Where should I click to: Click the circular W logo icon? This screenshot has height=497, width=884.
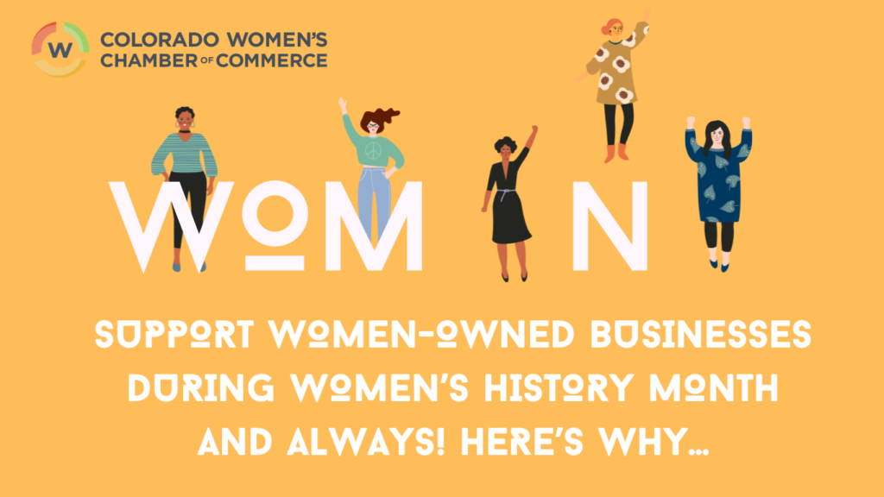pyautogui.click(x=60, y=49)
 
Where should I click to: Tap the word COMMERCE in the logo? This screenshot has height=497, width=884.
pyautogui.click(x=272, y=60)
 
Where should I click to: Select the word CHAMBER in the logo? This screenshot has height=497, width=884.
pyautogui.click(x=149, y=60)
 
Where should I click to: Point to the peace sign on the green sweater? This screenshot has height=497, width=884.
pyautogui.click(x=373, y=150)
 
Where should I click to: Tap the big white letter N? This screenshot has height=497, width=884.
pyautogui.click(x=610, y=226)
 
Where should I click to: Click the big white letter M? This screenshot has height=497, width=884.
pyautogui.click(x=374, y=226)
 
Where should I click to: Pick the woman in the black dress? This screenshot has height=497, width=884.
pyautogui.click(x=509, y=204)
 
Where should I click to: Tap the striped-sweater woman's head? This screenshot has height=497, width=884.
pyautogui.click(x=185, y=119)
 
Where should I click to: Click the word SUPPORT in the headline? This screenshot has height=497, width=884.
pyautogui.click(x=174, y=335)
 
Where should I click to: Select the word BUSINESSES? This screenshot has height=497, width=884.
pyautogui.click(x=701, y=335)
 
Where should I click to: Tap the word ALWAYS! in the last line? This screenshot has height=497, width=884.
pyautogui.click(x=366, y=442)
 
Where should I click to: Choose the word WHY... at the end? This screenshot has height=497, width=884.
pyautogui.click(x=654, y=442)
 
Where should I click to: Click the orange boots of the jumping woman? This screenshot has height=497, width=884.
pyautogui.click(x=616, y=154)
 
